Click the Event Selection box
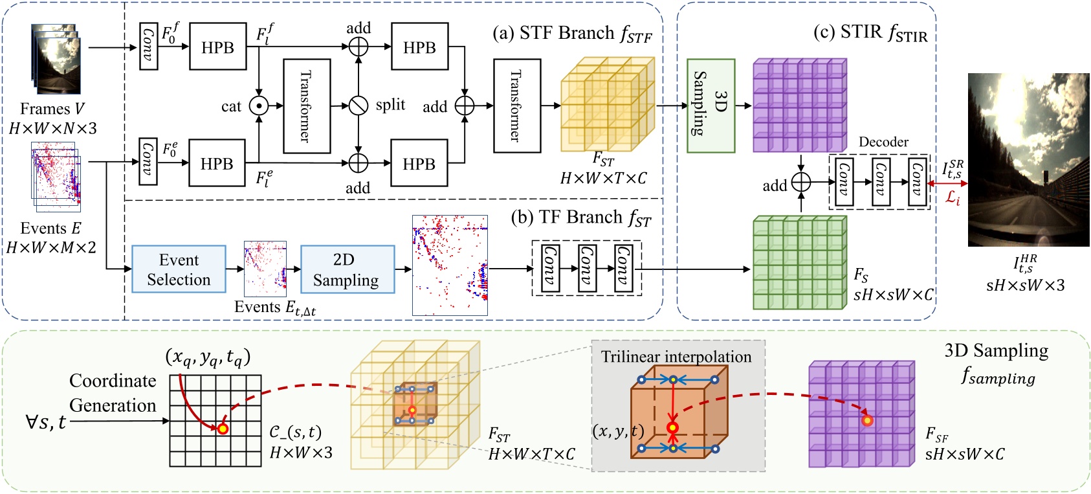[x=179, y=269]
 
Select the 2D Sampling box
[x=347, y=269]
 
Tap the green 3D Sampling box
[x=711, y=106]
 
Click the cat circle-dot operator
[x=259, y=106]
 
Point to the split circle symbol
[x=358, y=106]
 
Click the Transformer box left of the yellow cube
[x=516, y=106]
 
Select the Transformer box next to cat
[x=307, y=106]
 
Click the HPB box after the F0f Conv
[x=217, y=47]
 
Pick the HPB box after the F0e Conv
[x=217, y=163]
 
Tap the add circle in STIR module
[x=801, y=183]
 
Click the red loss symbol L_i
[x=952, y=198]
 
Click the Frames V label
[x=52, y=109]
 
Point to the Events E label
[x=50, y=229]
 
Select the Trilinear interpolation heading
[x=676, y=357]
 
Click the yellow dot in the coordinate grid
[x=223, y=428]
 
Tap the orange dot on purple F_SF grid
[x=867, y=421]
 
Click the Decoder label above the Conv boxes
[x=883, y=142]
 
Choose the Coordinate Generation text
[x=113, y=392]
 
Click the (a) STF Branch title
[x=572, y=34]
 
